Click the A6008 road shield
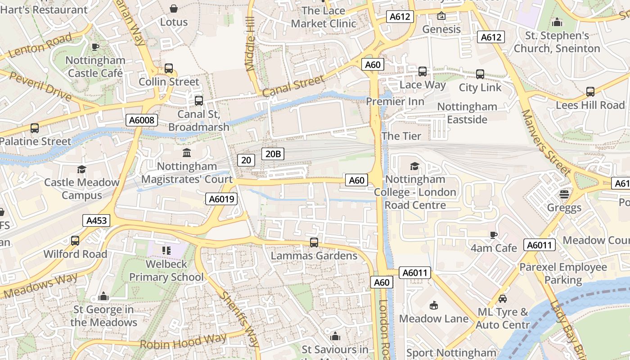point(142,120)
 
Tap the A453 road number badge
point(97,220)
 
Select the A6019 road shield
point(221,199)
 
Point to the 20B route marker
point(273,154)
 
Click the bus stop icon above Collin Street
point(169,68)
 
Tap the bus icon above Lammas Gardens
point(314,243)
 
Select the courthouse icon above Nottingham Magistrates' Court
point(187,153)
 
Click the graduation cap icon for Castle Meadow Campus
point(81,169)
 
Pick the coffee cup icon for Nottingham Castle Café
point(95,47)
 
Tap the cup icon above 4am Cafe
point(494,235)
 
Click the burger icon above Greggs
point(564,194)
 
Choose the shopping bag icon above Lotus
point(174,9)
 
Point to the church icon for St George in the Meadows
point(103,297)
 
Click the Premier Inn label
point(395,102)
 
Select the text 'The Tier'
point(401,136)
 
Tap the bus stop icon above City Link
point(480,74)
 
